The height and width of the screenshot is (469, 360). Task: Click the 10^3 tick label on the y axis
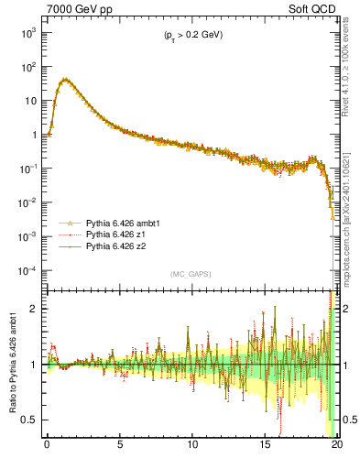coord(27,32)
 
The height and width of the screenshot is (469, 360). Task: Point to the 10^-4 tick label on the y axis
coord(27,271)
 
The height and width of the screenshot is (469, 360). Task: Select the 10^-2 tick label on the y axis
coord(27,202)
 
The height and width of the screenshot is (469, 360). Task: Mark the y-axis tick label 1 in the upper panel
coord(34,135)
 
